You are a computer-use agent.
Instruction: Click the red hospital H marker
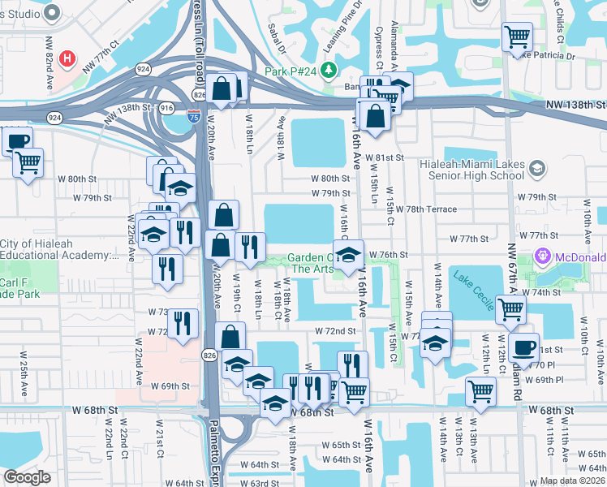pos(68,59)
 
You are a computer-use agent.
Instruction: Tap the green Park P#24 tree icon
pos(329,71)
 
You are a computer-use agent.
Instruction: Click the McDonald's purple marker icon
pos(542,257)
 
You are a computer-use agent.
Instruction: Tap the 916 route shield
pos(166,107)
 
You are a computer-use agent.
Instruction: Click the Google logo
pos(27,477)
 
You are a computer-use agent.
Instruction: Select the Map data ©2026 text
pos(572,481)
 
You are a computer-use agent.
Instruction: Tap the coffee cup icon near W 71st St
pos(524,347)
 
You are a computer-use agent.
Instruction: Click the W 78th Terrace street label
pos(427,209)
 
